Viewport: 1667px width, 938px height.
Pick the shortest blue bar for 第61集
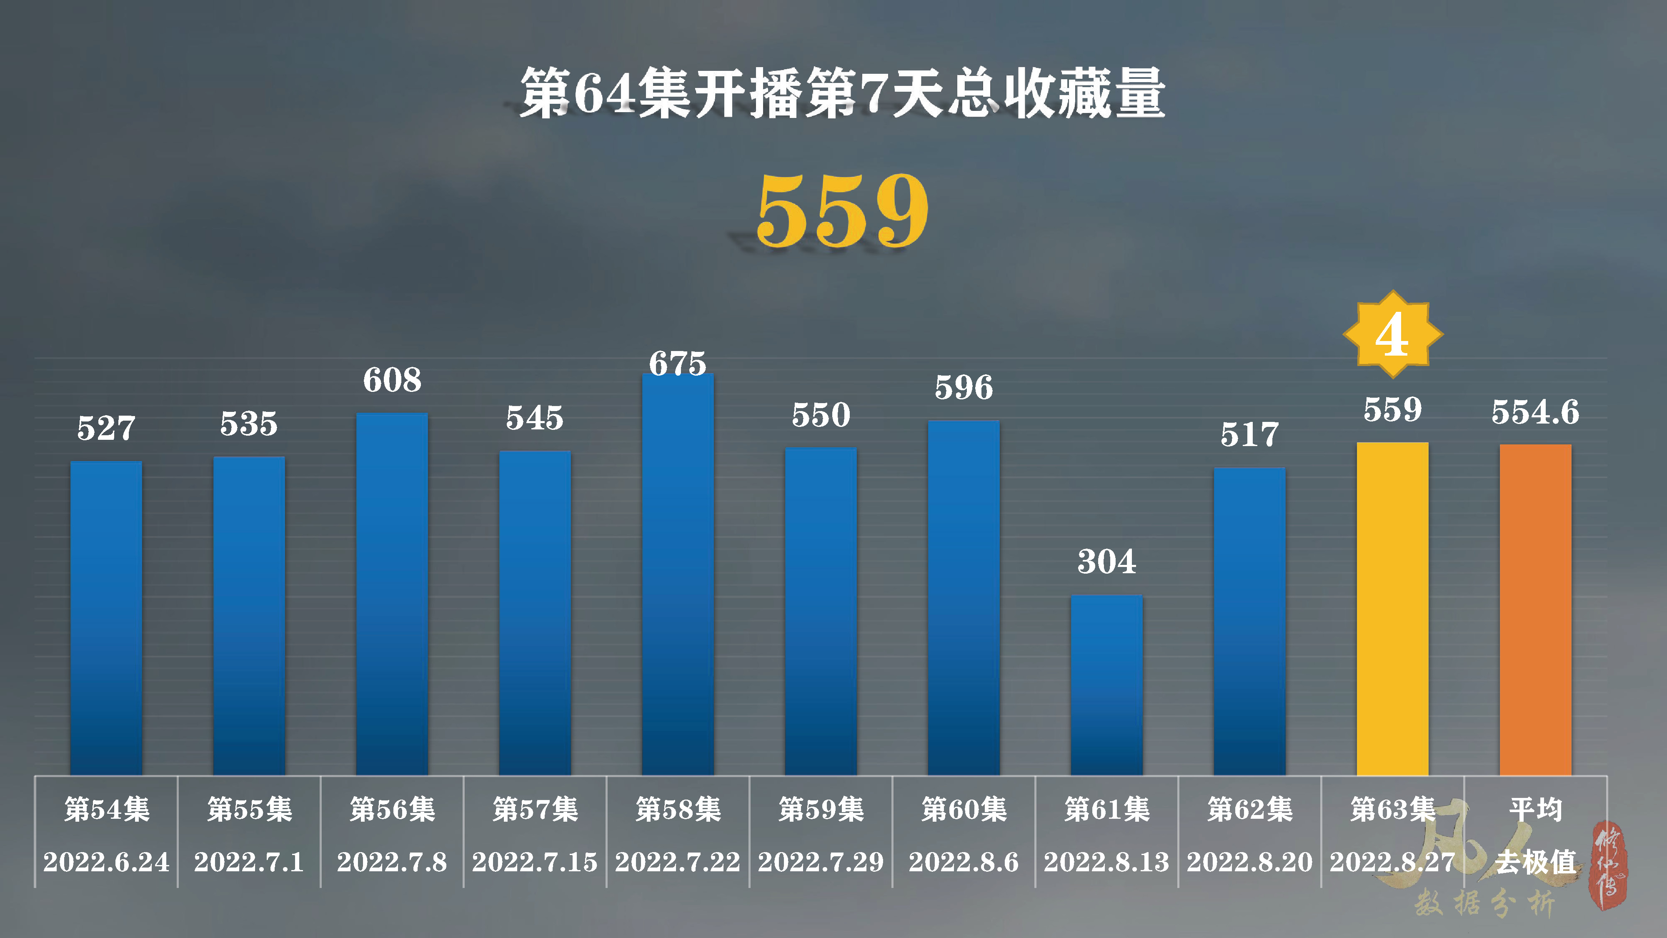1106,685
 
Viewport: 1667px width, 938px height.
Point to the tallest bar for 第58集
678,574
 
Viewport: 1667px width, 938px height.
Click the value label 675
678,363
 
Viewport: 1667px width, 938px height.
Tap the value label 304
1106,561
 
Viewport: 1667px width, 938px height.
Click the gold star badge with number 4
1393,334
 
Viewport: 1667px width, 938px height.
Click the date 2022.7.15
535,862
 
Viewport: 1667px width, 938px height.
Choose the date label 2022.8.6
963,862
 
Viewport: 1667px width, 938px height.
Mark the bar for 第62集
1249,622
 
